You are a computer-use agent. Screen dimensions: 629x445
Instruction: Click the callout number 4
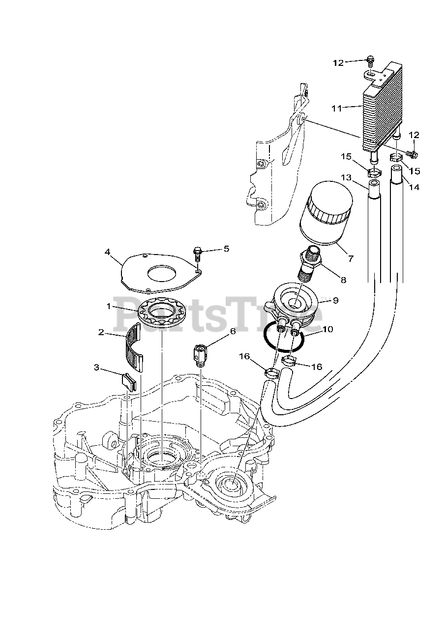tap(107, 252)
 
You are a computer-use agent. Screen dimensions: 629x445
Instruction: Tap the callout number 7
tap(350, 257)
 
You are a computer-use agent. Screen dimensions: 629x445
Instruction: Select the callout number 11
tap(336, 108)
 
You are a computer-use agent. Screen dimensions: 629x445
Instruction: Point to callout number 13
tap(346, 177)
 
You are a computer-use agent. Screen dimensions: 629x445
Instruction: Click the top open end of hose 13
tap(374, 185)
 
